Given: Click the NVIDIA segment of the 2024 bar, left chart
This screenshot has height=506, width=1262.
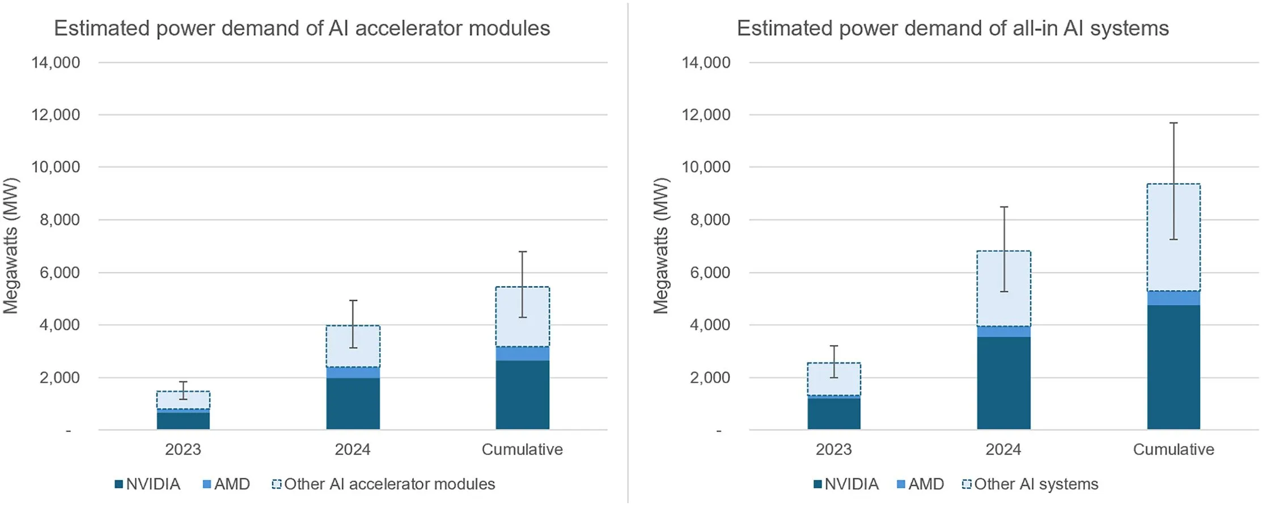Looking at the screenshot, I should [353, 403].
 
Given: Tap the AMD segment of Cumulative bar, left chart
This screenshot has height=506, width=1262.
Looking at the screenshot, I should [522, 354].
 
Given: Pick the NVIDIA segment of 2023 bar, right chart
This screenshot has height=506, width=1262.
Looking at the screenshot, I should [833, 414].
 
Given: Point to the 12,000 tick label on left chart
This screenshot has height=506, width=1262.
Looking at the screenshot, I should [56, 115].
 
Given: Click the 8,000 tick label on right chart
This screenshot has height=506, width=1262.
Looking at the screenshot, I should [710, 220].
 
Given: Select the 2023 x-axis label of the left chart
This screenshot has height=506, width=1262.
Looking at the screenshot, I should [183, 450].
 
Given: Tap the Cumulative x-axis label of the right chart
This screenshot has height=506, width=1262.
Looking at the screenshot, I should [1173, 450].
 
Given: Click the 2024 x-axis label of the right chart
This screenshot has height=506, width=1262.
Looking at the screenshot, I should [1003, 450].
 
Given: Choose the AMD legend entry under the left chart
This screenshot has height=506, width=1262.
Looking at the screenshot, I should [226, 484].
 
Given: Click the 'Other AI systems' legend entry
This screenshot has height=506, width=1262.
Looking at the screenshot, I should [1030, 484].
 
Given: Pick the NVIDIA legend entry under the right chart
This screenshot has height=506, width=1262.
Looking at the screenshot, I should [846, 484].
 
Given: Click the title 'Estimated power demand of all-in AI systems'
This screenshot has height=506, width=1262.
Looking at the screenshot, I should [952, 28].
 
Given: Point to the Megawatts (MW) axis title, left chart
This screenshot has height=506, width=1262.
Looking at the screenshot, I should [11, 245].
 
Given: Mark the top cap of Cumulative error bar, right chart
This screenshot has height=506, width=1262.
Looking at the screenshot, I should [1173, 123].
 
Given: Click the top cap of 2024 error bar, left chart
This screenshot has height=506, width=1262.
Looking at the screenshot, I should [353, 300].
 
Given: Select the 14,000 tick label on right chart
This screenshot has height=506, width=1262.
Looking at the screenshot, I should [706, 62].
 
